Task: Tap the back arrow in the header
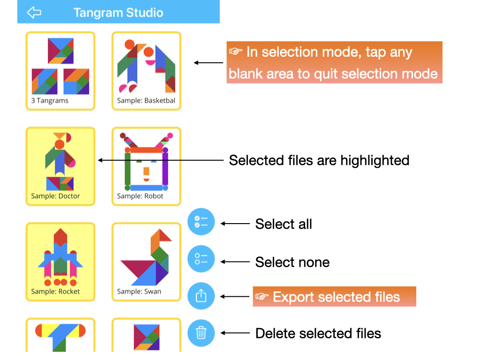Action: (x=34, y=13)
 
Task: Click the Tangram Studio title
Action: (x=118, y=13)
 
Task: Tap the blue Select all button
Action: (x=201, y=222)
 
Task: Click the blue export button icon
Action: (x=201, y=296)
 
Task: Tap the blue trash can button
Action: (x=201, y=333)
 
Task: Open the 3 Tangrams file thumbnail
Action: (x=60, y=71)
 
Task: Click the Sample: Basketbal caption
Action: (x=146, y=100)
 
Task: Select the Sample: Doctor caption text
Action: (x=55, y=196)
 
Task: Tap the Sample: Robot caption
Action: (x=140, y=196)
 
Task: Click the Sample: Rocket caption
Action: (x=55, y=292)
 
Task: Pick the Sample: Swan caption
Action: (x=139, y=292)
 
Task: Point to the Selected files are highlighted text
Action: (x=319, y=160)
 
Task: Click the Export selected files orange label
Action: (x=334, y=297)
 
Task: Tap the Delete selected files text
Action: (x=318, y=333)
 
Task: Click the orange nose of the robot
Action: (x=146, y=171)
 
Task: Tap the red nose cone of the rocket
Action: (x=60, y=237)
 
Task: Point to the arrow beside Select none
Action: (x=235, y=262)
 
